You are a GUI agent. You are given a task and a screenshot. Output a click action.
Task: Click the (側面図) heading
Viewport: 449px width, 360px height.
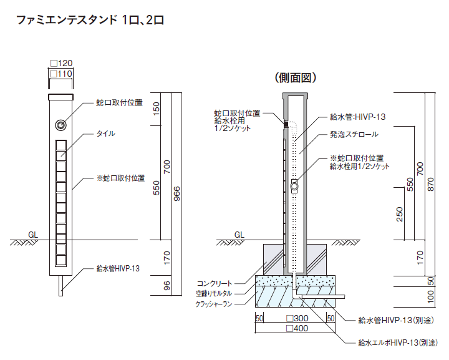(x=296, y=78)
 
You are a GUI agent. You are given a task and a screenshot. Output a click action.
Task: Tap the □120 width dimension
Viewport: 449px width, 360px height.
(x=62, y=62)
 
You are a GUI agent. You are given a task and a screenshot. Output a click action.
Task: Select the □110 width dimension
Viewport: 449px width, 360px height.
(x=62, y=74)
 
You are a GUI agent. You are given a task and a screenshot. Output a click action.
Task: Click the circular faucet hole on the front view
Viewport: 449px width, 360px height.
(x=60, y=125)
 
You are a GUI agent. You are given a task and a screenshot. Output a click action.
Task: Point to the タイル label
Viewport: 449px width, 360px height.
(x=105, y=134)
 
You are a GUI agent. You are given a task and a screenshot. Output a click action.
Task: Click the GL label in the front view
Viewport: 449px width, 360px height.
(x=33, y=235)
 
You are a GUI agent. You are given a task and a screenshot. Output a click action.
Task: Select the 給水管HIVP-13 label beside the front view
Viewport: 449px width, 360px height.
(x=118, y=269)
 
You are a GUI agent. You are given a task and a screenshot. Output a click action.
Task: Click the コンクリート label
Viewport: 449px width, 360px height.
(x=215, y=282)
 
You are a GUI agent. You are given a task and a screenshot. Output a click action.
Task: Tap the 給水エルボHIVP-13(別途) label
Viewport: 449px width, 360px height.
(x=397, y=343)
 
